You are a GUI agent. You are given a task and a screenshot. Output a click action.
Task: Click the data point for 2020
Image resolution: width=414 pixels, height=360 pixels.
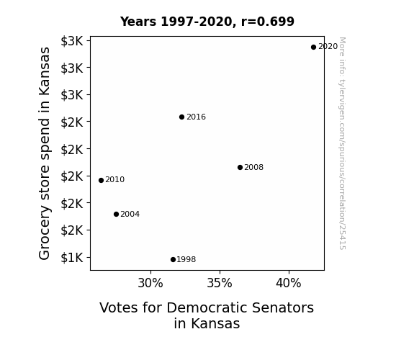[313, 48]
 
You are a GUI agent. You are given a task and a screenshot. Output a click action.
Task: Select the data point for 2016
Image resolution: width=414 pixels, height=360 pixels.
[181, 117]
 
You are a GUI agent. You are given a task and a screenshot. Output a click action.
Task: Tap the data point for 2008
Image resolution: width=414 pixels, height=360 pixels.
[240, 168]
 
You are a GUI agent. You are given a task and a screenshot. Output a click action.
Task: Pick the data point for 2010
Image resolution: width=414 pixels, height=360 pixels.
[101, 181]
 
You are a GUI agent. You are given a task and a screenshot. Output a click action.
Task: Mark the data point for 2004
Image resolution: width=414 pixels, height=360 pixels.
[116, 215]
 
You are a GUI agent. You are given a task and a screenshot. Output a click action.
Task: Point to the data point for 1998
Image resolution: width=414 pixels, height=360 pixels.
[174, 260]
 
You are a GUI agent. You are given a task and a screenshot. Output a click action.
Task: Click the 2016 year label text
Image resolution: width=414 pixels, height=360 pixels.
[196, 117]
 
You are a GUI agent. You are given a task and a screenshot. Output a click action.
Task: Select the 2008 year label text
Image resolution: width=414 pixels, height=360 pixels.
[253, 167]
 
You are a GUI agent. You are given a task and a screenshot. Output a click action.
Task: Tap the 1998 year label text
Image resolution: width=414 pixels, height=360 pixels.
[186, 259]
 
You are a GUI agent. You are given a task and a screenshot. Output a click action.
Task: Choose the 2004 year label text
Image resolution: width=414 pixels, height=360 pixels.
[130, 214]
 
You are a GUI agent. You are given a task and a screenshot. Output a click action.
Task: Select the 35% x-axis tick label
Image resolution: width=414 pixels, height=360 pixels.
[220, 283]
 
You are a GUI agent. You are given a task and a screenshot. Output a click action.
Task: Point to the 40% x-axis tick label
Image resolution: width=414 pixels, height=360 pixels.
[289, 283]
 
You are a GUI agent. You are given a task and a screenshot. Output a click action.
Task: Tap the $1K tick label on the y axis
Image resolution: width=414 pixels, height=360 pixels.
[72, 258]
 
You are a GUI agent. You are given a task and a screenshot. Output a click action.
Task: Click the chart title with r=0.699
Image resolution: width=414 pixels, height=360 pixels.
[207, 22]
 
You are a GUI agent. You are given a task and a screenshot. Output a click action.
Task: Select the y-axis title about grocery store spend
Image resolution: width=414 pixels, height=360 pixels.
[45, 153]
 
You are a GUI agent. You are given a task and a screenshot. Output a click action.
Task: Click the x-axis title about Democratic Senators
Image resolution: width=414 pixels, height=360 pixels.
[207, 315]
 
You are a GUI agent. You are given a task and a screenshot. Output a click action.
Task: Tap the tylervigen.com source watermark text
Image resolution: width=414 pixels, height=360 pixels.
[342, 143]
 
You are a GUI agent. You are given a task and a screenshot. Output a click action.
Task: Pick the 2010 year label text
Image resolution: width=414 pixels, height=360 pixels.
[115, 179]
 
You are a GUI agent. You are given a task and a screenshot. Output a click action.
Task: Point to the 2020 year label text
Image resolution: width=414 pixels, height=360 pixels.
[328, 47]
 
